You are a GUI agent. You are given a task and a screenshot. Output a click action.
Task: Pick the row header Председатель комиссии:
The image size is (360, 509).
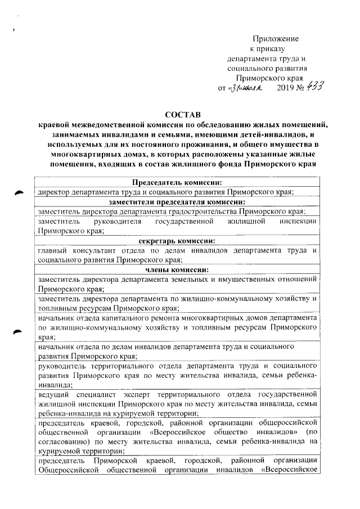pyautogui.click(x=177, y=182)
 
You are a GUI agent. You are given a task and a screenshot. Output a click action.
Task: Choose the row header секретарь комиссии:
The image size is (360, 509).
pyautogui.click(x=177, y=240)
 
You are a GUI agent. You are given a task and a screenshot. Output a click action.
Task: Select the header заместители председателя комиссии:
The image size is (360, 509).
pyautogui.click(x=177, y=202)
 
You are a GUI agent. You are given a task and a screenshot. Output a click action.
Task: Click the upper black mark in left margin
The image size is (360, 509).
pyautogui.click(x=21, y=193)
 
